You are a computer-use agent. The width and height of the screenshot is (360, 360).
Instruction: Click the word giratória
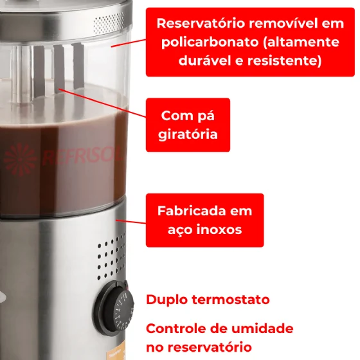click(188, 134)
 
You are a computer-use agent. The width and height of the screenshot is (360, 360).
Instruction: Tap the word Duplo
click(166, 300)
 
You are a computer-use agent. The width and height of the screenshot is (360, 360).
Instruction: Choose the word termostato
click(231, 300)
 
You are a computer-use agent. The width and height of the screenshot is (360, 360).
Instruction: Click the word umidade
click(262, 328)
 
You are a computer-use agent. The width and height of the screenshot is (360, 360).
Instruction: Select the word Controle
click(176, 328)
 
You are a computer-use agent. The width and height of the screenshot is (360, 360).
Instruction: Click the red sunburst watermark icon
click(20, 159)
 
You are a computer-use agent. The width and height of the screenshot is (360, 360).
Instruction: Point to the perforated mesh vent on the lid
click(109, 23)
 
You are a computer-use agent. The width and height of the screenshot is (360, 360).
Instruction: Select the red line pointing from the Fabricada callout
click(131, 222)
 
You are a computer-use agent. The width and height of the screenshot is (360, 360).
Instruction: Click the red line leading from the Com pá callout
click(102, 103)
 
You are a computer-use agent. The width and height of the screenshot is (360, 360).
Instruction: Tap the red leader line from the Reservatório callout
click(129, 43)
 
